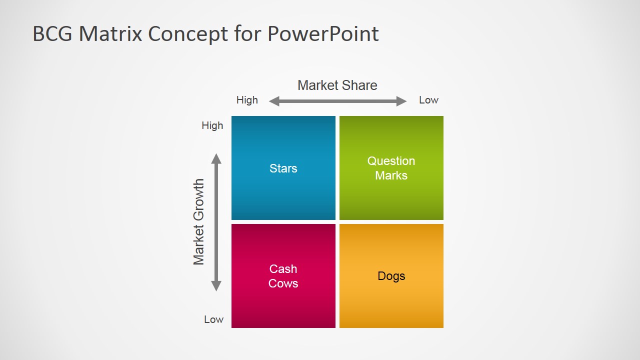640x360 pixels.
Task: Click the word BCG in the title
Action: point(52,33)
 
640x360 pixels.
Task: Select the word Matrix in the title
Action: point(110,33)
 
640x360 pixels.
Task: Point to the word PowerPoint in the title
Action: point(323,33)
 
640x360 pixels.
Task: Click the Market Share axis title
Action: point(337,85)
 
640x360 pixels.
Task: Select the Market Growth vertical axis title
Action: point(199,222)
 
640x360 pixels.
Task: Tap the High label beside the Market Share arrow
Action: point(247,100)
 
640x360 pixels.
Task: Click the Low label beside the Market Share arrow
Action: point(428,100)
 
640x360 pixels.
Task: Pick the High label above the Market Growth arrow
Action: point(212,125)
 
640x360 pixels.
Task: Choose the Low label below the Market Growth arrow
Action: point(213,319)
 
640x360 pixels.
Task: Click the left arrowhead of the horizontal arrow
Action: point(274,101)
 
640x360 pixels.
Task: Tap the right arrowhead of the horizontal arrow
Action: point(401,101)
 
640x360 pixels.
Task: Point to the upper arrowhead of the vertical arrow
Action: point(216,159)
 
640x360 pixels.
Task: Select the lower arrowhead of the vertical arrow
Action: point(216,286)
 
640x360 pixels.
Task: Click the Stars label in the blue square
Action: point(283,168)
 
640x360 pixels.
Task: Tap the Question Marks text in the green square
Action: point(391,168)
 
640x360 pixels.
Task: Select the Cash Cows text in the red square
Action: point(283,276)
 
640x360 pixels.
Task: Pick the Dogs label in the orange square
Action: point(391,276)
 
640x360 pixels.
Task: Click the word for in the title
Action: point(247,33)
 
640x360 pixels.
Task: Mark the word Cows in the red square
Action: point(283,283)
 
